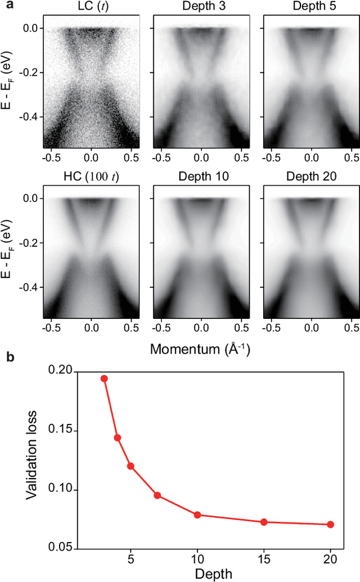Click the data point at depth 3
[x=104, y=378]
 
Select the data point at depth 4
[x=117, y=437]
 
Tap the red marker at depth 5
[x=130, y=466]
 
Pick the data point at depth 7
[x=157, y=495]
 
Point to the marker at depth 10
[x=197, y=515]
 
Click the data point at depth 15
[x=264, y=522]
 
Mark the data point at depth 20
[x=330, y=525]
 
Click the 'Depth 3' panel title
[x=202, y=6]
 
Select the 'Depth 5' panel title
[x=311, y=6]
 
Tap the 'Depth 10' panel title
[x=202, y=177]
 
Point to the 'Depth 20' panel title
[x=311, y=177]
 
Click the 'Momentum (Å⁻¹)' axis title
[x=200, y=350]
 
